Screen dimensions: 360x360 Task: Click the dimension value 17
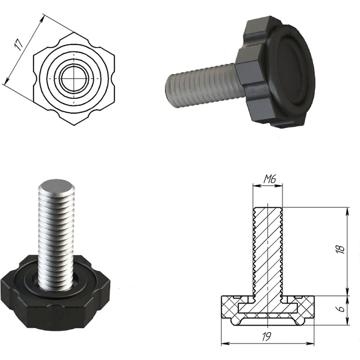coord(19,45)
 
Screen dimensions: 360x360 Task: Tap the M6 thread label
coord(269,179)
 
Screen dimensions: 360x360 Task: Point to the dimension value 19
coord(266,336)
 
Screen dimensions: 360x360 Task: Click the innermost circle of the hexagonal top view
coord(74,78)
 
